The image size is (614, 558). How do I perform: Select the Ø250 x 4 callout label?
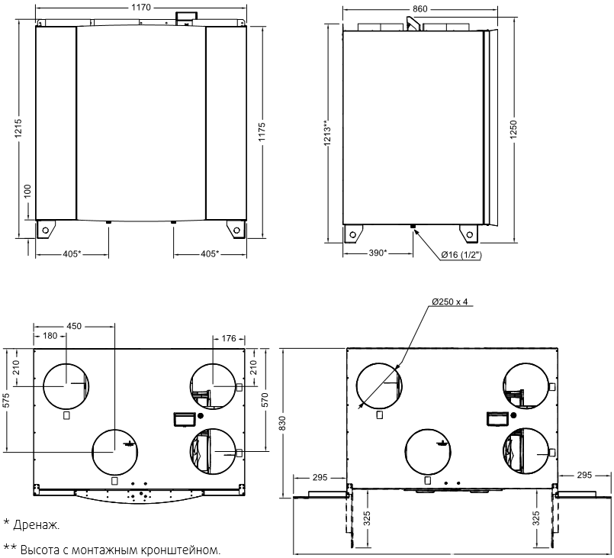pyautogui.click(x=450, y=302)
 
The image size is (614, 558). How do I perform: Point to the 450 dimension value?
pyautogui.click(x=74, y=326)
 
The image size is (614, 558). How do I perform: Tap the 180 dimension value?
pyautogui.click(x=50, y=336)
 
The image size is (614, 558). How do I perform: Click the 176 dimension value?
pyautogui.click(x=228, y=336)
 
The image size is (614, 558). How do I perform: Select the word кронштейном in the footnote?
pyautogui.click(x=182, y=550)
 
